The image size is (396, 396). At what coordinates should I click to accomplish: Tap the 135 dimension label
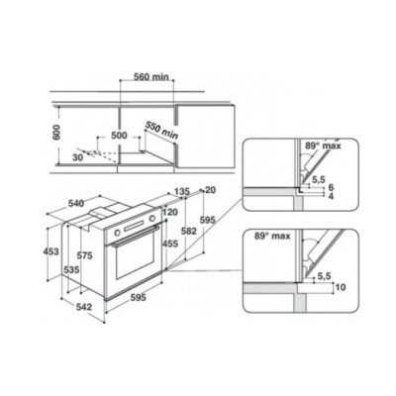(x=181, y=191)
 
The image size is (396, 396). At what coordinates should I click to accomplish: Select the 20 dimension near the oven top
(x=209, y=191)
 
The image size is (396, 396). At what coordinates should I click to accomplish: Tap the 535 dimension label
(x=71, y=268)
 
